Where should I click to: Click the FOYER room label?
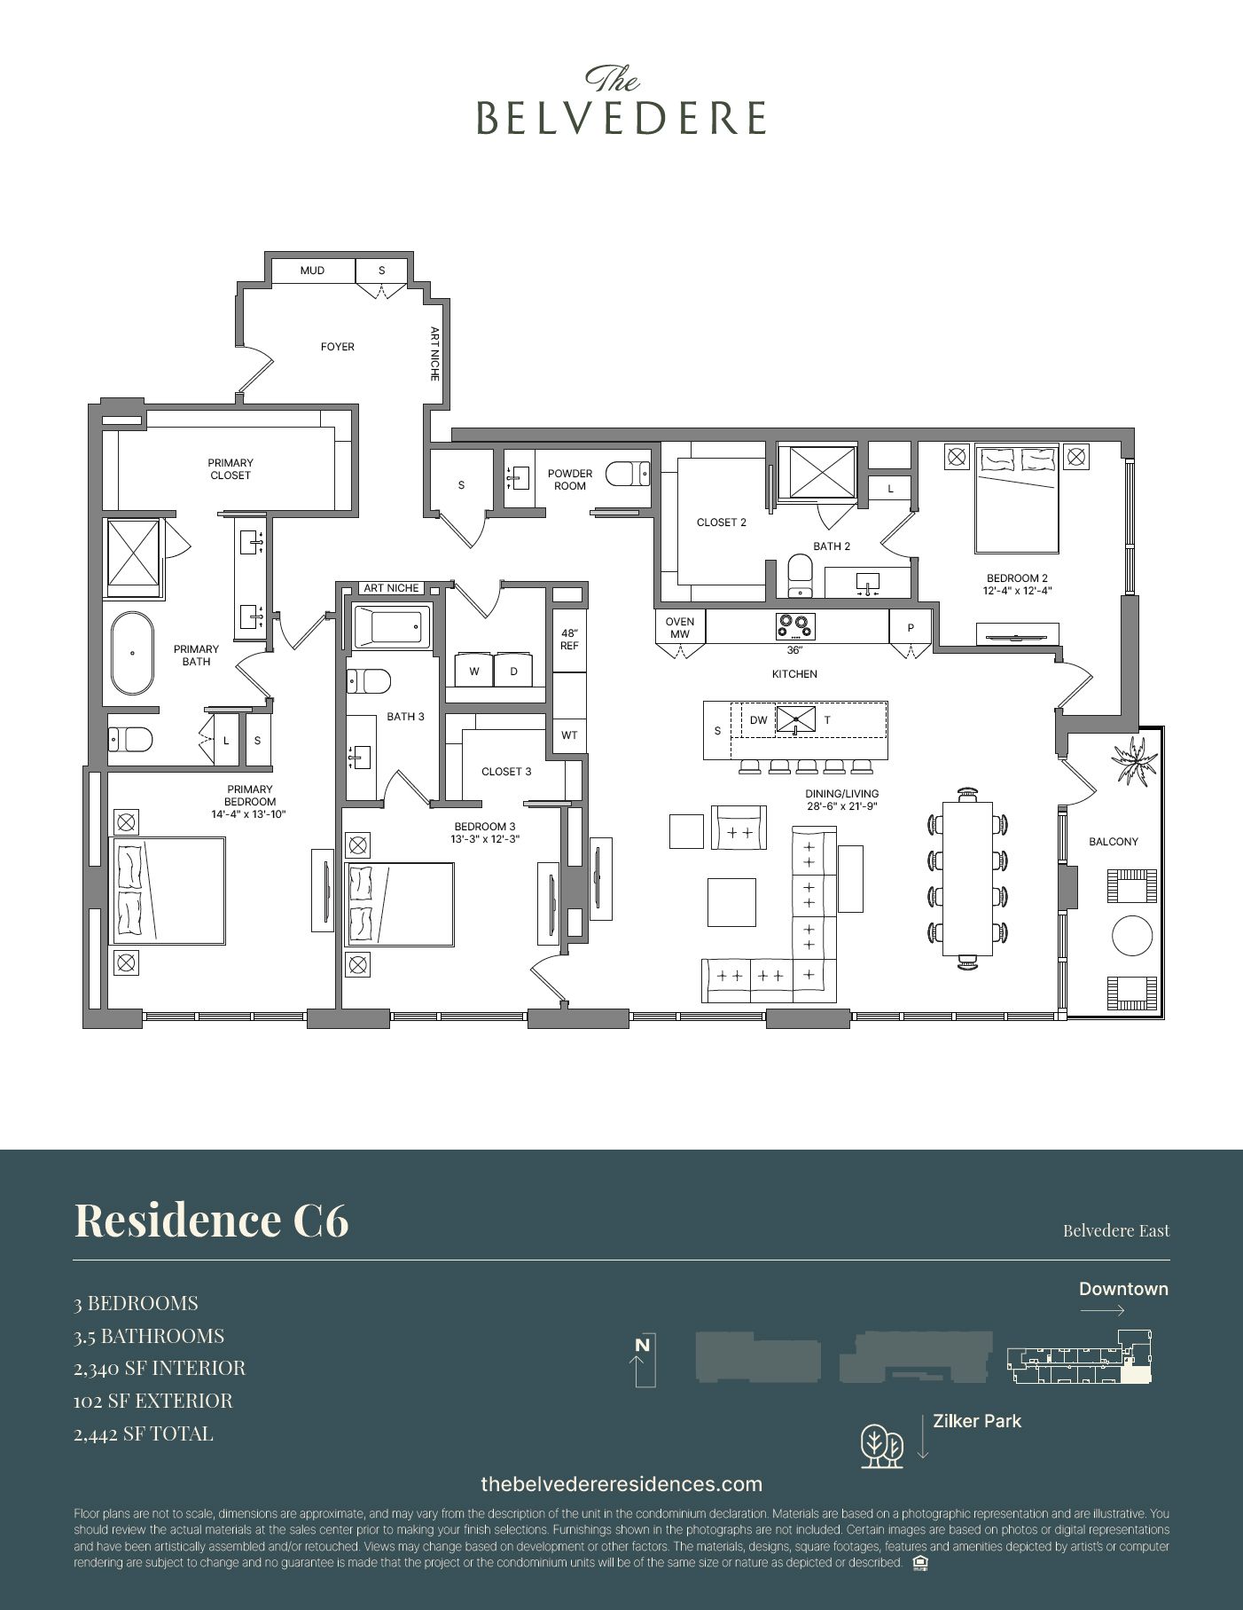pos(337,347)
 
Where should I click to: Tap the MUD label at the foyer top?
pos(312,271)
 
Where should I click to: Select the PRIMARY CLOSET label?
pos(231,468)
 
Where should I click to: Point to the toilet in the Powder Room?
pos(627,475)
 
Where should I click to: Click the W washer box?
pos(474,671)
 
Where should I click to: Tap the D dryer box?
pos(513,671)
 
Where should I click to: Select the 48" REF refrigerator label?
pos(569,640)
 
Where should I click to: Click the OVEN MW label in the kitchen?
pos(680,628)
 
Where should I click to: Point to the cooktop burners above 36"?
pos(794,625)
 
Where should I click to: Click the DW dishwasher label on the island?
pos(758,720)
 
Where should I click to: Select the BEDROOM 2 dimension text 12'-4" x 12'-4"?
pos(1017,591)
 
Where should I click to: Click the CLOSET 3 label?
pos(506,772)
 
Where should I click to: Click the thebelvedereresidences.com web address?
pos(621,1484)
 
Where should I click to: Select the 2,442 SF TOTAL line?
pos(144,1433)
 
